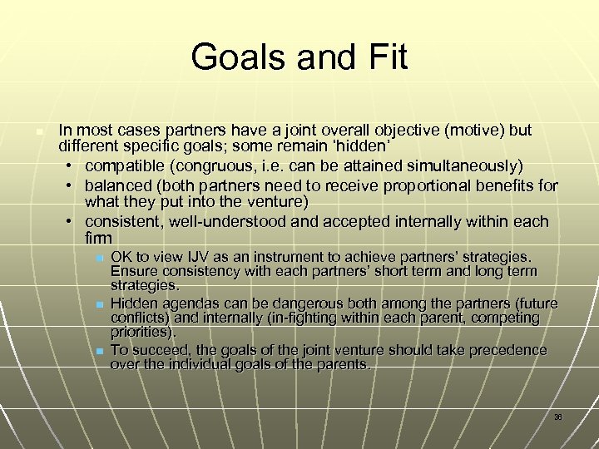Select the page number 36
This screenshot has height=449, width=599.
click(558, 417)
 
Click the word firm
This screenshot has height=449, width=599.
click(98, 239)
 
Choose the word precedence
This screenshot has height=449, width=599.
click(507, 350)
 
